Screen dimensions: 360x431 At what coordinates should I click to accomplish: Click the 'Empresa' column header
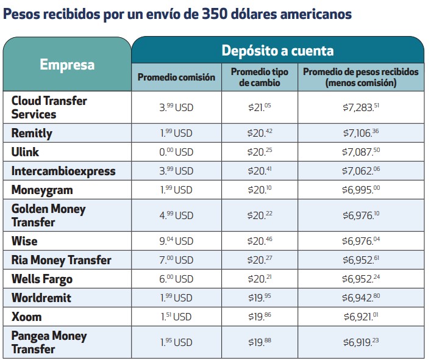pos(67,65)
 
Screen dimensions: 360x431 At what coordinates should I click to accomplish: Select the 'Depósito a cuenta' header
pos(277,50)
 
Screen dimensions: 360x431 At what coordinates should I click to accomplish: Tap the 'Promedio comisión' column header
pos(176,77)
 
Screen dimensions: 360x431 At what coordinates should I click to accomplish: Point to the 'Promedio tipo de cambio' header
pos(259,77)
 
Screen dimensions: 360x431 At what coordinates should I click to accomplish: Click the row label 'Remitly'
pos(32,133)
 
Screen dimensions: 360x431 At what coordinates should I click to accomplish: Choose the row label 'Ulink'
pos(26,151)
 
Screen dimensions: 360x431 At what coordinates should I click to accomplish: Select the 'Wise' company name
pos(24,241)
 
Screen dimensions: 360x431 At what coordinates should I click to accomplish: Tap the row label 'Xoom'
pos(26,317)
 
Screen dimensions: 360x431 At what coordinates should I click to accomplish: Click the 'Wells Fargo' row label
pos(42,279)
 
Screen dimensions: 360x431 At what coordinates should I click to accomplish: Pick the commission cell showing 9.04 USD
pos(176,242)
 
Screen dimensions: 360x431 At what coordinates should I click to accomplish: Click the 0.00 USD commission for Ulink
pos(176,152)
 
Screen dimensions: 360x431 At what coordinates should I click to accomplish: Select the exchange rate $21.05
pos(260,107)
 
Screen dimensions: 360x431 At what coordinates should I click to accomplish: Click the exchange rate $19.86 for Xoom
pos(260,317)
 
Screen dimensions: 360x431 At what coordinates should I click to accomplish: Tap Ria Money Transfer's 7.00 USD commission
pos(176,261)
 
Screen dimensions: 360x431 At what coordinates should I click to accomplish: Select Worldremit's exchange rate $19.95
pos(260,298)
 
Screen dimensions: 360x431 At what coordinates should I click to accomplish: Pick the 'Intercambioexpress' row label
pos(63,171)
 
